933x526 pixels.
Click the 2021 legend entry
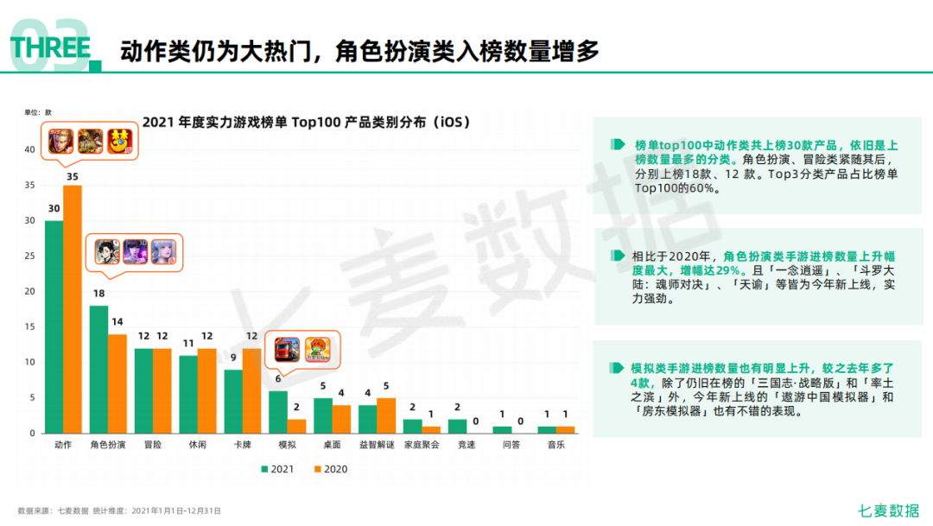tap(276, 469)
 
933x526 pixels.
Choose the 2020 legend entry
tap(329, 469)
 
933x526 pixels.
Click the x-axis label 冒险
tap(152, 446)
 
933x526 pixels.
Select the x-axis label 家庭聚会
tap(422, 446)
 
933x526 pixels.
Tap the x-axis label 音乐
tap(556, 446)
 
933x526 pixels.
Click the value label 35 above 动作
tap(73, 177)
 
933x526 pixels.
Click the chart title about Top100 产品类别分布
tap(306, 122)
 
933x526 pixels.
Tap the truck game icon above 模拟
tap(287, 349)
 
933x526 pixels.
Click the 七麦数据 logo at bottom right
tap(889, 510)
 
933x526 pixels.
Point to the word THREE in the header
tap(50, 48)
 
